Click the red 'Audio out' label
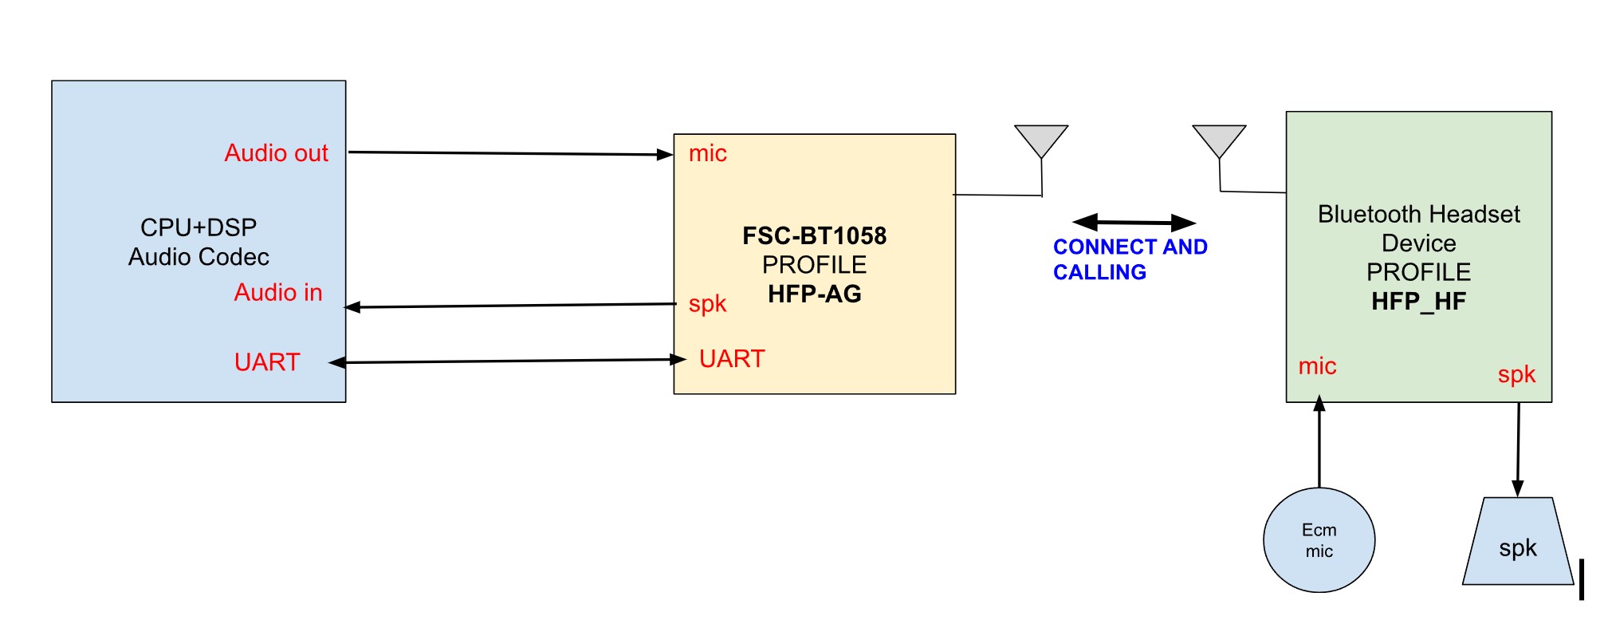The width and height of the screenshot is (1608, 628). pyautogui.click(x=276, y=152)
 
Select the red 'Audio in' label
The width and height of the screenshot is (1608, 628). pyautogui.click(x=277, y=292)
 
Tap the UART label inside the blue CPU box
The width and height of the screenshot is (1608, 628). pyautogui.click(x=266, y=362)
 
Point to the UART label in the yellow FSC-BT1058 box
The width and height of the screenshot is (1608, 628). pyautogui.click(x=731, y=359)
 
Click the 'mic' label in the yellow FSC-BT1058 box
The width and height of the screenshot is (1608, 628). pyautogui.click(x=707, y=153)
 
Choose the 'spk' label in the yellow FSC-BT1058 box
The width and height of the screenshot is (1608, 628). pyautogui.click(x=707, y=304)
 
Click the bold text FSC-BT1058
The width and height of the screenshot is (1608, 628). pyautogui.click(x=814, y=235)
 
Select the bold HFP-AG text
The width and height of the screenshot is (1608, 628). pyautogui.click(x=814, y=294)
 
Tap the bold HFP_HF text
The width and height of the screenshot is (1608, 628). pyautogui.click(x=1418, y=301)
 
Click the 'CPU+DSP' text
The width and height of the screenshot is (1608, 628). pyautogui.click(x=199, y=227)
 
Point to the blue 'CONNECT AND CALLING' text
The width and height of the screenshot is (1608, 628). pyautogui.click(x=1129, y=259)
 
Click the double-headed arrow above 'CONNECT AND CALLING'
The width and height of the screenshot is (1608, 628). pyautogui.click(x=1134, y=223)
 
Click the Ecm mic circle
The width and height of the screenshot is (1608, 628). pyautogui.click(x=1319, y=540)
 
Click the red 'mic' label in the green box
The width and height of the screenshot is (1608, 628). pyautogui.click(x=1317, y=366)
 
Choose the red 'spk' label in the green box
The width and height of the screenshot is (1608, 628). pyautogui.click(x=1516, y=374)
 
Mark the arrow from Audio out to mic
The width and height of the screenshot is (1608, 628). pyautogui.click(x=510, y=153)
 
